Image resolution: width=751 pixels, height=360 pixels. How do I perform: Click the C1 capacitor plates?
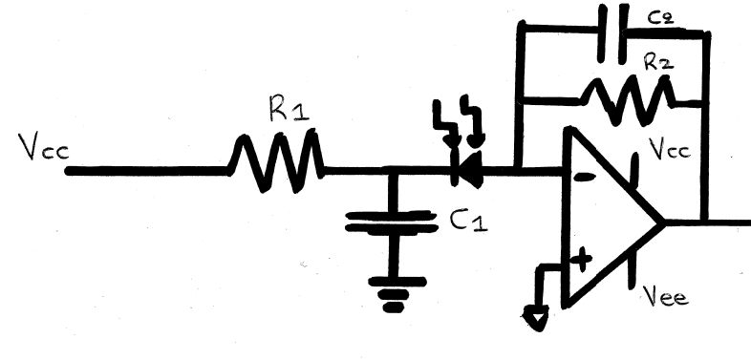click(x=390, y=223)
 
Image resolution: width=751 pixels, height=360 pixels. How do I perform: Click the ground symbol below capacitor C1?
click(x=390, y=296)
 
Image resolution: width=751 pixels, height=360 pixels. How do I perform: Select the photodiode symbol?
click(x=468, y=171)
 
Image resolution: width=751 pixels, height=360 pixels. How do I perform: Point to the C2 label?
click(x=656, y=19)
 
